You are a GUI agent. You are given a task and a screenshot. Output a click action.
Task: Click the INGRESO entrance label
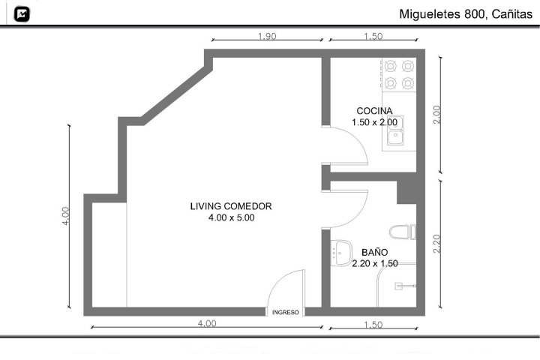point(286,313)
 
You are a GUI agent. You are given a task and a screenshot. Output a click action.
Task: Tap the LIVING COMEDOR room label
point(231,206)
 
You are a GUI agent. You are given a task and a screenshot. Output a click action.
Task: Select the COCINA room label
point(374,111)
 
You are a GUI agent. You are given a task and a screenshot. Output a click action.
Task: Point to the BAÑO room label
point(375,252)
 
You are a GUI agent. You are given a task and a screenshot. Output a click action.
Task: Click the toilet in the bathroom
point(403,232)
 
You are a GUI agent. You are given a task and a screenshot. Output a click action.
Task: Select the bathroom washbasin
point(342,253)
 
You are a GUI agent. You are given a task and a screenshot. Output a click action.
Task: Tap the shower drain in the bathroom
point(398,286)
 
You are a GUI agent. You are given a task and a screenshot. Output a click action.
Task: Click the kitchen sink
point(395,130)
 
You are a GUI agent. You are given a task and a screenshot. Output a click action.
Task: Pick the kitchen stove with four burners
point(399,74)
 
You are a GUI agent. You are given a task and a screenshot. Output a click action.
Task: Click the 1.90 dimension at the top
point(267,36)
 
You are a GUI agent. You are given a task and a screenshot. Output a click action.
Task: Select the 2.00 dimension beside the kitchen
point(436,115)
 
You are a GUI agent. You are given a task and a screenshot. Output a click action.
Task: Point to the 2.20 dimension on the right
point(436,244)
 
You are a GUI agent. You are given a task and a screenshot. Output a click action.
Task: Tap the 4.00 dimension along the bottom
point(207,323)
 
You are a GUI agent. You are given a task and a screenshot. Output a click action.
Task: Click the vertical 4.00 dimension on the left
point(65,216)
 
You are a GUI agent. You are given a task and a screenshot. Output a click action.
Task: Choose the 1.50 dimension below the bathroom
point(373,325)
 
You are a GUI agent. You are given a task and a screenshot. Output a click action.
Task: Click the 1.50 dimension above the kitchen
point(373,36)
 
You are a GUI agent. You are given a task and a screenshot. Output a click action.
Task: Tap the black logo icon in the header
point(22,14)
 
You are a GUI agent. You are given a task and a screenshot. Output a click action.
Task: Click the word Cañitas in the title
point(512,14)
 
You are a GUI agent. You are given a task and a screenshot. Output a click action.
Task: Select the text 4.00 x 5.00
point(231,217)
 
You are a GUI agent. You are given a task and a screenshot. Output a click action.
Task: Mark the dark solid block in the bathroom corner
point(406,192)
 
